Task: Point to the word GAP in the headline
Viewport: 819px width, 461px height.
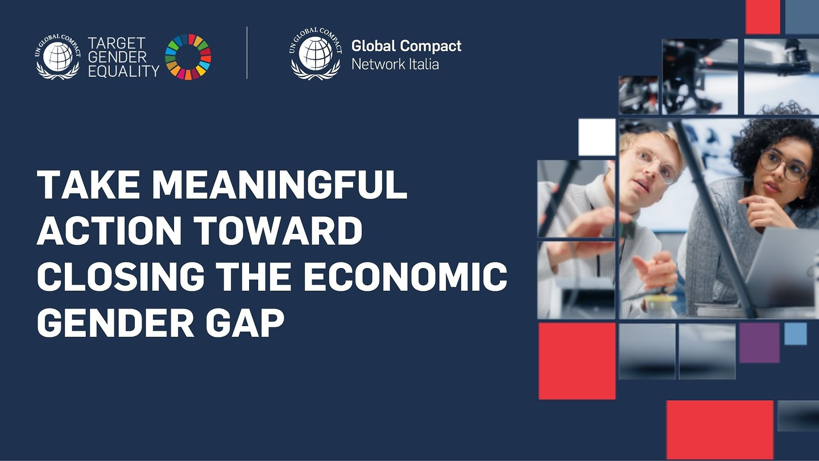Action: pyautogui.click(x=245, y=322)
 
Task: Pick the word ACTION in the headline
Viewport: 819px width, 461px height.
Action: pyautogui.click(x=109, y=230)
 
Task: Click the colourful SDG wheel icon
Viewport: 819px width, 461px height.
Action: pyautogui.click(x=188, y=57)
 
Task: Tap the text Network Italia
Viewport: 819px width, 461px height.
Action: pyautogui.click(x=395, y=64)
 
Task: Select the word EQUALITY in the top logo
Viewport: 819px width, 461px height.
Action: pyautogui.click(x=123, y=71)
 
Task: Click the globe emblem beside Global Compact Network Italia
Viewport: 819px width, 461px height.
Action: pyautogui.click(x=316, y=53)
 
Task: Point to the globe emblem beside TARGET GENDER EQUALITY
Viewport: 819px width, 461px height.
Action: pyautogui.click(x=58, y=57)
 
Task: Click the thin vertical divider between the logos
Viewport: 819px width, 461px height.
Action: pyautogui.click(x=247, y=53)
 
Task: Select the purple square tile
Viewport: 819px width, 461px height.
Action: pyautogui.click(x=759, y=343)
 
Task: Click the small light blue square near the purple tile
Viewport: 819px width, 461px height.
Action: pyautogui.click(x=796, y=334)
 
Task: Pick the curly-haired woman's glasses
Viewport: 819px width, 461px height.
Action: pyautogui.click(x=783, y=164)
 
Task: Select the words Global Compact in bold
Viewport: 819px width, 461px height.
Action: pyautogui.click(x=406, y=46)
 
